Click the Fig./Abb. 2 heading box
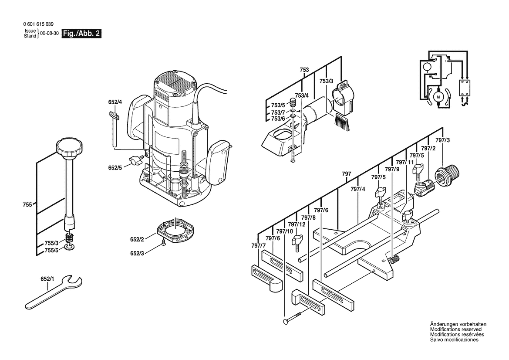tap(82, 34)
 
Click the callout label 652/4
tap(115, 102)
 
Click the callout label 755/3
tap(51, 243)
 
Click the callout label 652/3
tap(137, 253)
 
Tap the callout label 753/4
tap(302, 95)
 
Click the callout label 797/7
tap(258, 246)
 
